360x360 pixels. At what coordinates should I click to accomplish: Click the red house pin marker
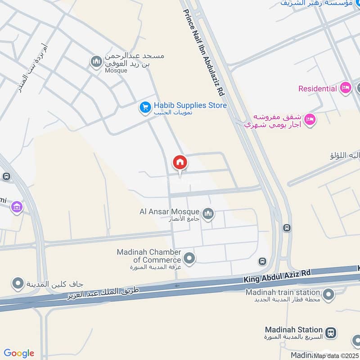pos(180,162)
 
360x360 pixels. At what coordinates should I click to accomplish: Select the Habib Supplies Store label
pos(190,105)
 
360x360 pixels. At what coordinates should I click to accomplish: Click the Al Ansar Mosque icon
pos(208,213)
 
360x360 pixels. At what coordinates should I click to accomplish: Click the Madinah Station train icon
pos(331,333)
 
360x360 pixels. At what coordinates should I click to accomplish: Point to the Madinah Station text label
pos(294,330)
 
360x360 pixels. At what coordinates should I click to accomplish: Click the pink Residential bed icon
pos(345,88)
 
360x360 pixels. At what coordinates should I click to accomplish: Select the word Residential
pos(317,89)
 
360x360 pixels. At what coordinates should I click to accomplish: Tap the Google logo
pos(19,353)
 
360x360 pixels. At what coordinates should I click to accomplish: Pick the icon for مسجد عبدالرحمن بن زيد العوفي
pos(96,61)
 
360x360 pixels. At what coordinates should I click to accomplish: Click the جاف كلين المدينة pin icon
pos(18,283)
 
